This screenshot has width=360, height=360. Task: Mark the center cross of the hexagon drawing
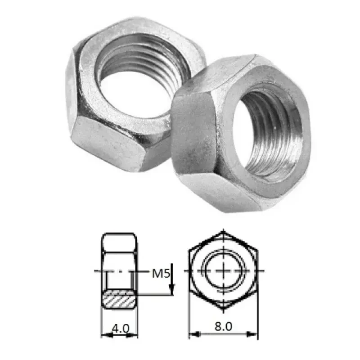[224, 271]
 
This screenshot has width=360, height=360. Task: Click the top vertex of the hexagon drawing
[224, 232]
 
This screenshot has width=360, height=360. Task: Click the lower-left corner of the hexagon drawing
[190, 292]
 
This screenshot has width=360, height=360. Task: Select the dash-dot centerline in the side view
[118, 271]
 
